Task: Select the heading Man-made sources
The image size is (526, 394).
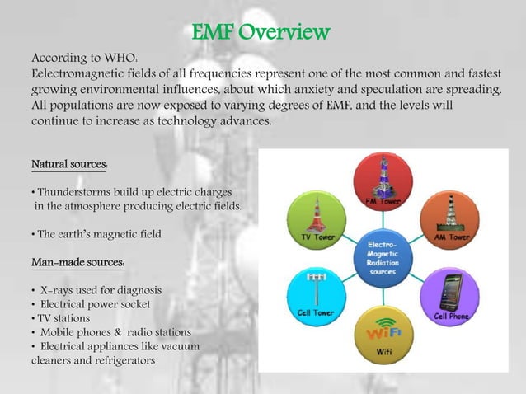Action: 77,263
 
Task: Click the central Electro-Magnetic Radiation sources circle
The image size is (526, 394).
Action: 383,256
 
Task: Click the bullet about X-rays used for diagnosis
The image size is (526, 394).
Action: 96,291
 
